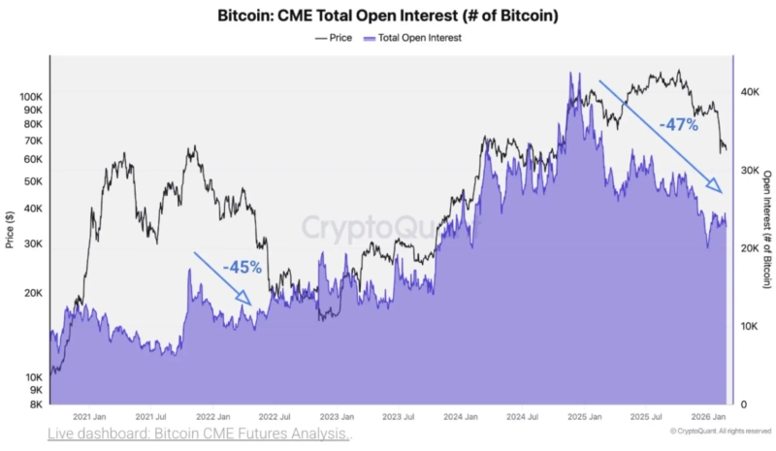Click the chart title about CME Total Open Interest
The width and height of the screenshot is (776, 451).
pyautogui.click(x=387, y=16)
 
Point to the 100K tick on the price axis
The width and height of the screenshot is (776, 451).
pyautogui.click(x=30, y=97)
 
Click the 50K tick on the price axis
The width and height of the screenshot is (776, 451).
pyautogui.click(x=33, y=181)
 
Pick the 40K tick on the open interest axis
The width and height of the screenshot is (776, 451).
pyautogui.click(x=748, y=91)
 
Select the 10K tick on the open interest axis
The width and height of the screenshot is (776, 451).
pyautogui.click(x=748, y=327)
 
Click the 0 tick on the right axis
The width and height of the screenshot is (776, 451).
pyautogui.click(x=742, y=404)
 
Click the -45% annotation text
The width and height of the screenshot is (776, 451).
pyautogui.click(x=241, y=267)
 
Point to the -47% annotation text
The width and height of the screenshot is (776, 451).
pyautogui.click(x=678, y=125)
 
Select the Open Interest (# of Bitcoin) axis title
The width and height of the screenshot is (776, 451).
pyautogui.click(x=766, y=230)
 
